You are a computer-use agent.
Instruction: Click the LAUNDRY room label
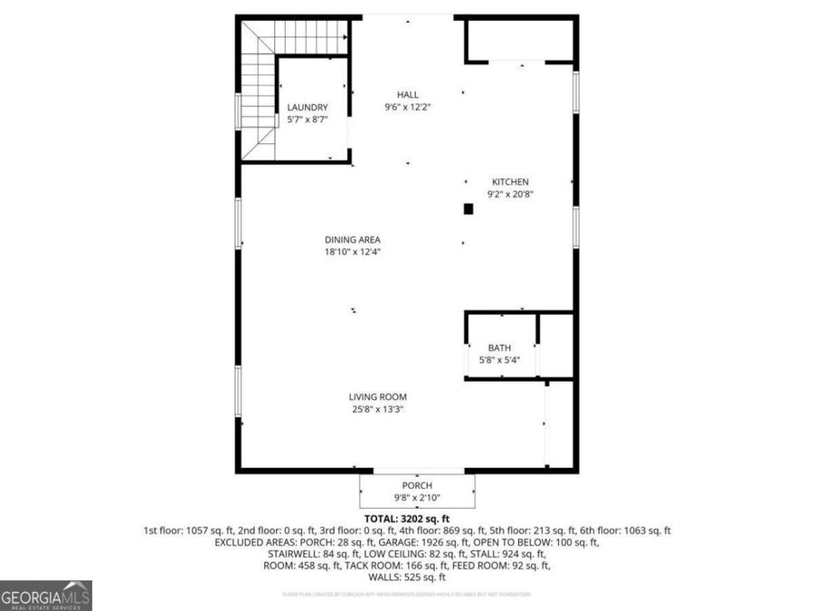[308, 108]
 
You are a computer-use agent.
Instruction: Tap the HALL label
[407, 95]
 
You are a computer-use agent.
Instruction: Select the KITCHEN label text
[510, 182]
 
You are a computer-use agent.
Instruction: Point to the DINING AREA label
[353, 240]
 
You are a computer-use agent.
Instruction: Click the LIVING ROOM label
[378, 396]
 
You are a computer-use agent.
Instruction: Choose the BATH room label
[499, 348]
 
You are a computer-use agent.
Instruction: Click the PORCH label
[417, 486]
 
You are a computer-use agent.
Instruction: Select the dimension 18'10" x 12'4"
[353, 253]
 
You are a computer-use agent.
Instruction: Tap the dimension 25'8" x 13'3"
[378, 409]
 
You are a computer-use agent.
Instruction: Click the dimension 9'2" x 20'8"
[510, 194]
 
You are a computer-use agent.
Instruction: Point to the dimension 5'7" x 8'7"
[308, 119]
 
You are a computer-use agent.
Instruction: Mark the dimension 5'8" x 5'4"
[499, 360]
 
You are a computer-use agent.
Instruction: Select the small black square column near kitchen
[469, 209]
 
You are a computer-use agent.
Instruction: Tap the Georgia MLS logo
[46, 596]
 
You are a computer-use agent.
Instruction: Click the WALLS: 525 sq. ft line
[406, 578]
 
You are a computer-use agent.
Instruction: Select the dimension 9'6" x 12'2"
[407, 107]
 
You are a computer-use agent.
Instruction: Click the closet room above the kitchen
[520, 40]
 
